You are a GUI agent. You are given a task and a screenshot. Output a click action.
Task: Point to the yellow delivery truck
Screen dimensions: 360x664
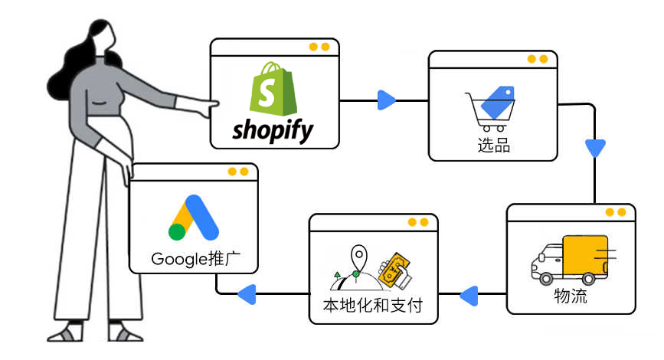[571, 259]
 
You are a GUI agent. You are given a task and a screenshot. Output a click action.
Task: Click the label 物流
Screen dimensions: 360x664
[571, 296]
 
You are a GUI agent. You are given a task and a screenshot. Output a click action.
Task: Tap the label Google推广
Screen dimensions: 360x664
[194, 258]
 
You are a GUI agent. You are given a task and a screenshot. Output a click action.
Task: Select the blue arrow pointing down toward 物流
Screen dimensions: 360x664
[595, 147]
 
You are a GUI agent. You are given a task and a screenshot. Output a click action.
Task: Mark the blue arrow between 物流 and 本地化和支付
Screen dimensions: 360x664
[468, 293]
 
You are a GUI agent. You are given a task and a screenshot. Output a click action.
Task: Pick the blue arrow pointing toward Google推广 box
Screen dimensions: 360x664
[246, 293]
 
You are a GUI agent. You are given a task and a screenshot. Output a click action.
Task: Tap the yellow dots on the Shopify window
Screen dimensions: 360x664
[319, 47]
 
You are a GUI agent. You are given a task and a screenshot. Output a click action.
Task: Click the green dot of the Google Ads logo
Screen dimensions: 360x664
[178, 232]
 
